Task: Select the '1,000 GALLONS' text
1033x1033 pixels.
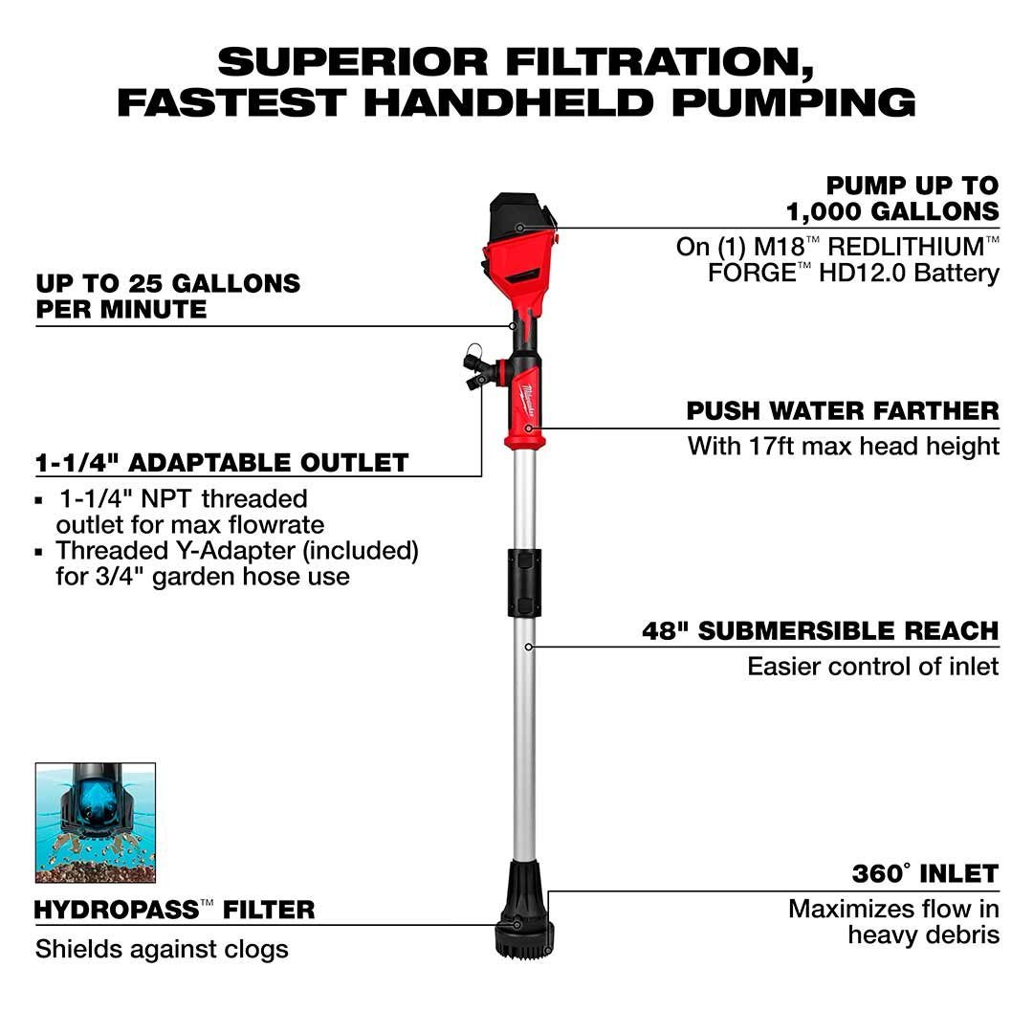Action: pos(892,211)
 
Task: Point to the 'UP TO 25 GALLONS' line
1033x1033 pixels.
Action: pos(168,284)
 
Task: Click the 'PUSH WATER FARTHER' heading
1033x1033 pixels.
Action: pos(843,411)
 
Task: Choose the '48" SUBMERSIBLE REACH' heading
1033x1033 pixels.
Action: pos(821,631)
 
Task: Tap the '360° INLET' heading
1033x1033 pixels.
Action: pos(925,873)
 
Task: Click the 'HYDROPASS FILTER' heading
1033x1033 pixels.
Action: pos(175,911)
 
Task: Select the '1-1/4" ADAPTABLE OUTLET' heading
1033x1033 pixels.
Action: pos(222,463)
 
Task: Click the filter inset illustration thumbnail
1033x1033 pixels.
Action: pos(96,823)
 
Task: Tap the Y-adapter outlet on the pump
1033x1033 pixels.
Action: pos(479,370)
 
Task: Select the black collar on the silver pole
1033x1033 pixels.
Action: pos(524,583)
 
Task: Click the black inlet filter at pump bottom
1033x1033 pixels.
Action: pos(524,910)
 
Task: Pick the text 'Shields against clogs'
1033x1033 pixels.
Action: pos(162,950)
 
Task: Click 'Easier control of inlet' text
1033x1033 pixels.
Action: pos(873,667)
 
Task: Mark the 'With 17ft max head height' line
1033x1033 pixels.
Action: pos(844,447)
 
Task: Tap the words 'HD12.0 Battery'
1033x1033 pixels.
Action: pos(910,273)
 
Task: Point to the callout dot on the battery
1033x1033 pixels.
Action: pos(519,228)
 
